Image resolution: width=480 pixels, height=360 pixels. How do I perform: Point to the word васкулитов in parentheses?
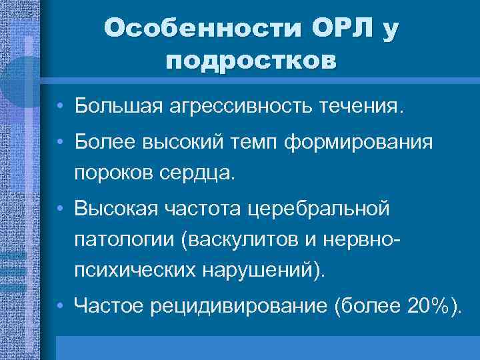click(x=241, y=241)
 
